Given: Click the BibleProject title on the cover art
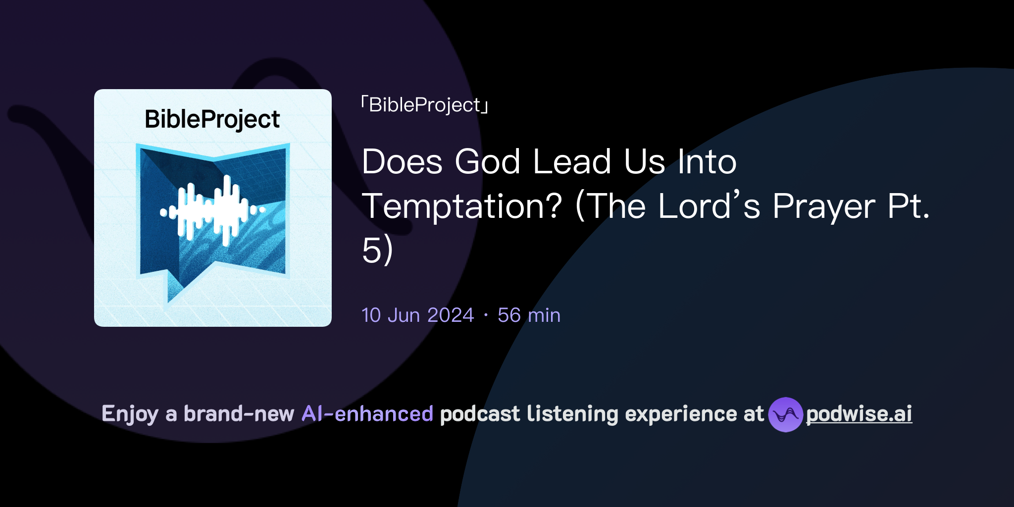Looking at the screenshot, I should point(212,119).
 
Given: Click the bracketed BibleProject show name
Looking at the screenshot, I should point(425,105).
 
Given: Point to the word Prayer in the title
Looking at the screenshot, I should point(824,206).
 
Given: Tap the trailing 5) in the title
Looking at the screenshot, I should point(377,250).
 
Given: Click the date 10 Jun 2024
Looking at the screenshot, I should point(417,315).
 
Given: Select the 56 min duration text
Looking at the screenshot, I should point(529,315).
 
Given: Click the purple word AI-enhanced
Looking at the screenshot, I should point(367,414).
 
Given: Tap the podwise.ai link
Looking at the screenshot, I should point(859,414).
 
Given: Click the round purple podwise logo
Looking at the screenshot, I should point(785,414).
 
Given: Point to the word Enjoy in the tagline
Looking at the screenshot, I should point(130,414).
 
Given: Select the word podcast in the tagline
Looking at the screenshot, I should point(480,414).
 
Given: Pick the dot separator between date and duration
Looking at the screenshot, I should point(486,315).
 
